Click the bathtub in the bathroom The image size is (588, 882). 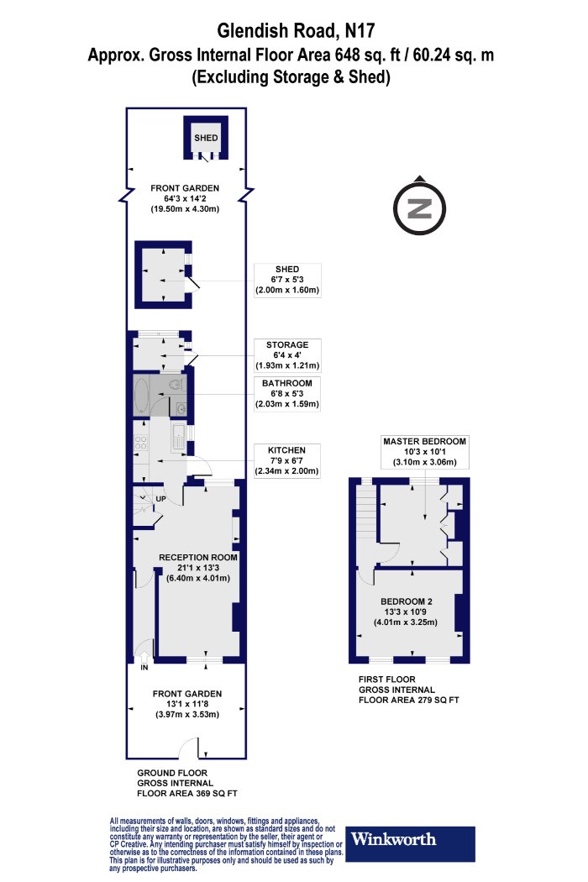point(140,396)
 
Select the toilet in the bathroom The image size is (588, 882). point(176,384)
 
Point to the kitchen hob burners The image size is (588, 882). point(140,443)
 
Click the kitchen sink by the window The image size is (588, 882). point(178,437)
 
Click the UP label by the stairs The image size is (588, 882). point(160,499)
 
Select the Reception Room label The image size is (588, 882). point(198,558)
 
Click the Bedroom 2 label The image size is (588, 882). point(407,601)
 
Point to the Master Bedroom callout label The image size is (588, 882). point(425,452)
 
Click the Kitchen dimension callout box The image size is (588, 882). point(287,460)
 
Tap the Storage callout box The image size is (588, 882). point(287,355)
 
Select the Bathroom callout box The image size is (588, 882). point(287,393)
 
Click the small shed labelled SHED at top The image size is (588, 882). point(206,139)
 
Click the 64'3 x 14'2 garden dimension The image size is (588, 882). point(185,198)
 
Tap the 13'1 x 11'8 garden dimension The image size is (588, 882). point(186,704)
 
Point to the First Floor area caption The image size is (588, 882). point(409,690)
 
